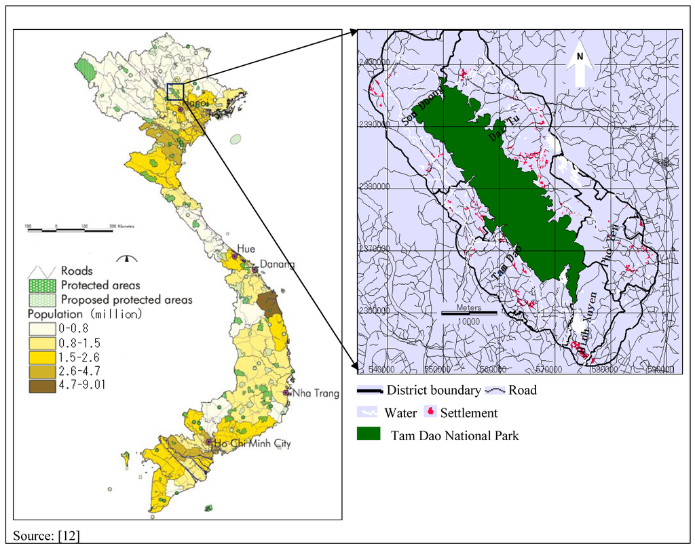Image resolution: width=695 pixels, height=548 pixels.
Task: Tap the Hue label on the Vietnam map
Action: tap(245, 250)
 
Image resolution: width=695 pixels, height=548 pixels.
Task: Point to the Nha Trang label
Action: tap(316, 393)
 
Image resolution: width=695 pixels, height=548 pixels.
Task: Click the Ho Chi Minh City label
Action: tap(252, 444)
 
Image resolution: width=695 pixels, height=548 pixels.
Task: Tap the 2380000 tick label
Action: tap(375, 186)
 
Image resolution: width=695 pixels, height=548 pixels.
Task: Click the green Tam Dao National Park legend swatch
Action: tap(370, 435)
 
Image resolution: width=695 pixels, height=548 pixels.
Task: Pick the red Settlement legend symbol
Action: tap(429, 412)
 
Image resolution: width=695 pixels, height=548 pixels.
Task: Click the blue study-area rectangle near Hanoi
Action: tap(175, 91)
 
